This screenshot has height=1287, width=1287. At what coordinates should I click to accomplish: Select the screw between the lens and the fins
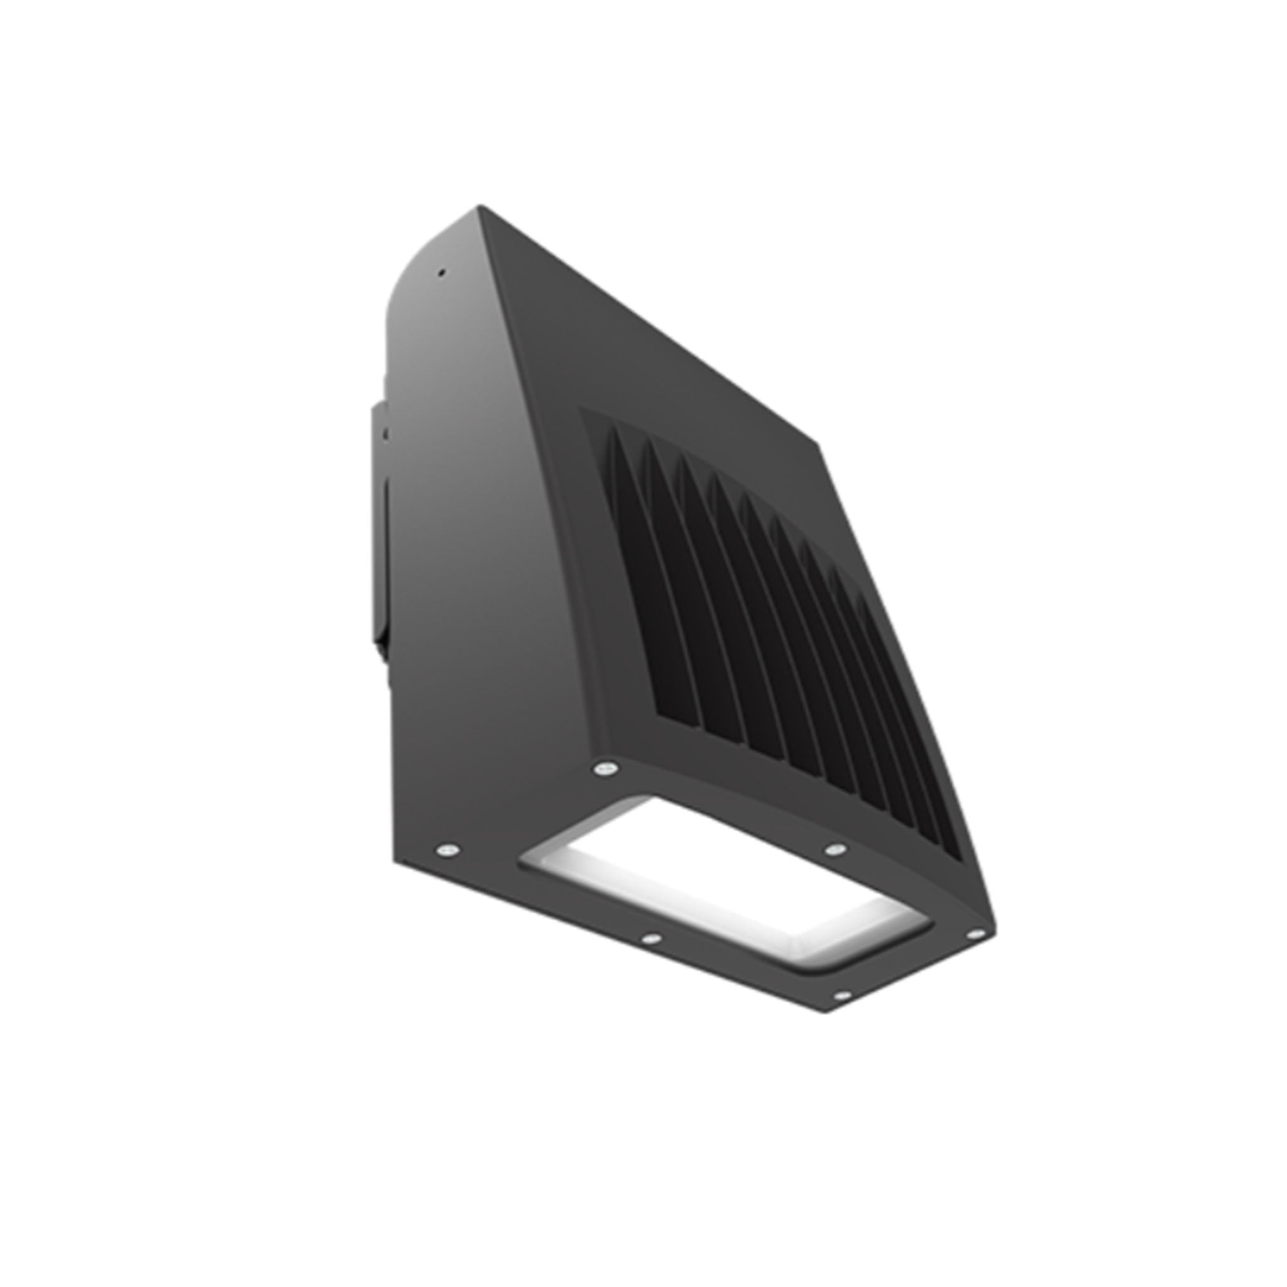click(834, 850)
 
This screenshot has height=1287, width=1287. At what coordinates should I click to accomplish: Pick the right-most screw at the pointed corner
click(975, 935)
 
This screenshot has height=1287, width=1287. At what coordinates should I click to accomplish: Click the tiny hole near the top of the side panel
click(441, 271)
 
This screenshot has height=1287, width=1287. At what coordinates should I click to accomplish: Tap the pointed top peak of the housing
click(479, 207)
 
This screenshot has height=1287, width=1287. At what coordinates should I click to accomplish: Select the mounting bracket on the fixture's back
click(380, 526)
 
